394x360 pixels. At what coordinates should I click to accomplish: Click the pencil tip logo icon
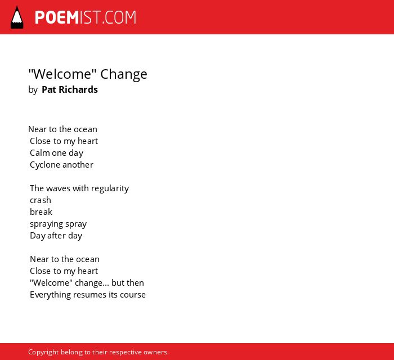17,17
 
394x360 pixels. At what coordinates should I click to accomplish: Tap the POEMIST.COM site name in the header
86,17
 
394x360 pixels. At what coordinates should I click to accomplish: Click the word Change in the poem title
124,75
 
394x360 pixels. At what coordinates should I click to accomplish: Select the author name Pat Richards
70,89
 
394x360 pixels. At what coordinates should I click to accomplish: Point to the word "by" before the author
33,90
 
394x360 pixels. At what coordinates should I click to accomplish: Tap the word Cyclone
45,165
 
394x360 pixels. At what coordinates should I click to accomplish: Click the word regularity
110,188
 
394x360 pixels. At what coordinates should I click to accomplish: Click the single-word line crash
41,200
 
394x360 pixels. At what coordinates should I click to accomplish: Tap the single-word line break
41,212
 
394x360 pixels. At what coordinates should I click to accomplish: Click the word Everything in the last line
50,295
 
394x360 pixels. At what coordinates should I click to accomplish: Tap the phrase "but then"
128,283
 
